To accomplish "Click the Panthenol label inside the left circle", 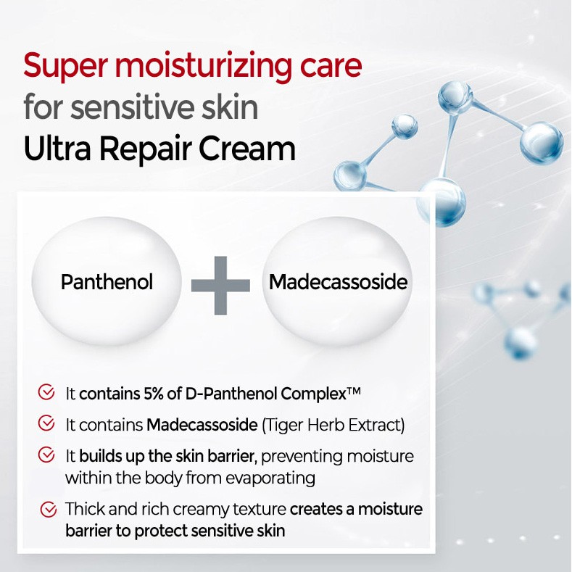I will (107, 281).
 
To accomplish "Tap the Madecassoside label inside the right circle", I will (338, 281).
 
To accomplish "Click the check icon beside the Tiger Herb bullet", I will (46, 423).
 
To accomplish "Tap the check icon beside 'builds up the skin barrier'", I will (46, 455).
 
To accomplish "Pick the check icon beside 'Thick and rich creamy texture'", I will (49, 509).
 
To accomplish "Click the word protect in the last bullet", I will (157, 531).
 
